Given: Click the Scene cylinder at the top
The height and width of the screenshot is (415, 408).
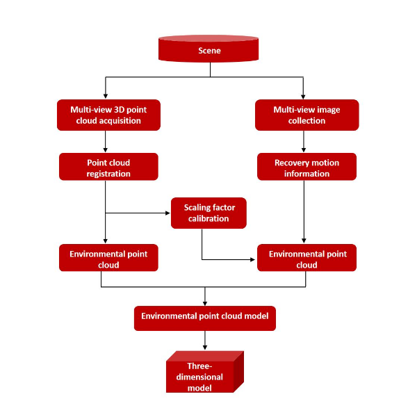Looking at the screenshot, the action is point(209,49).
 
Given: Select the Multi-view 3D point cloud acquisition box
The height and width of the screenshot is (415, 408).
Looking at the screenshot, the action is point(108,115).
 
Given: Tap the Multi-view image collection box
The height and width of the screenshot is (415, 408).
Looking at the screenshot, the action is point(307,115).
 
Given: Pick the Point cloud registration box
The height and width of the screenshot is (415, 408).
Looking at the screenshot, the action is point(108,167).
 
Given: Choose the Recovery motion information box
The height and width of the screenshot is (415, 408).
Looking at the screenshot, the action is point(307,167).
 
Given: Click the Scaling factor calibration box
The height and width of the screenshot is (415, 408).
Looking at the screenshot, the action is point(209,213).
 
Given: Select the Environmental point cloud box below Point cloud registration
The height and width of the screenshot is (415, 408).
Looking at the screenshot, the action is point(108,258).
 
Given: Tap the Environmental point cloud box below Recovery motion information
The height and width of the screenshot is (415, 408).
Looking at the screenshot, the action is point(307,258).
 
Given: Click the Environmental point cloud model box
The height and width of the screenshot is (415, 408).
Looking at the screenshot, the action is point(205,318).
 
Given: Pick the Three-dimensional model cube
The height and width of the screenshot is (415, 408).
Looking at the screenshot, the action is point(205,372).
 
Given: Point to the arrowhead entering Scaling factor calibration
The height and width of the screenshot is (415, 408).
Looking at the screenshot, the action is point(168,213).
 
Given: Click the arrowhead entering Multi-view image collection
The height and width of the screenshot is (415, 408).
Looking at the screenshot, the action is point(303,97).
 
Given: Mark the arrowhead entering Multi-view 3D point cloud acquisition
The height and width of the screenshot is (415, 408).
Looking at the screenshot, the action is point(106,96).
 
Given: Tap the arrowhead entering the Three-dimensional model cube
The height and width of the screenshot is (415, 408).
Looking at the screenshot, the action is point(205,347).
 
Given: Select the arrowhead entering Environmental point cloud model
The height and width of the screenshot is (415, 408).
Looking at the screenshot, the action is point(205,303).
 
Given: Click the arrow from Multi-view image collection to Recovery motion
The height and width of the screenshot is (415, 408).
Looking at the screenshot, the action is point(304,142).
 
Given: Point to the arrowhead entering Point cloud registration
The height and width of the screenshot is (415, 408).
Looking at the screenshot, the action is point(106,150).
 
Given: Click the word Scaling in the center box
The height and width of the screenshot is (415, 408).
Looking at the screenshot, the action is point(196,208).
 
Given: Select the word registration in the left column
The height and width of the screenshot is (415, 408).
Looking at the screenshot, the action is point(108,174).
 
